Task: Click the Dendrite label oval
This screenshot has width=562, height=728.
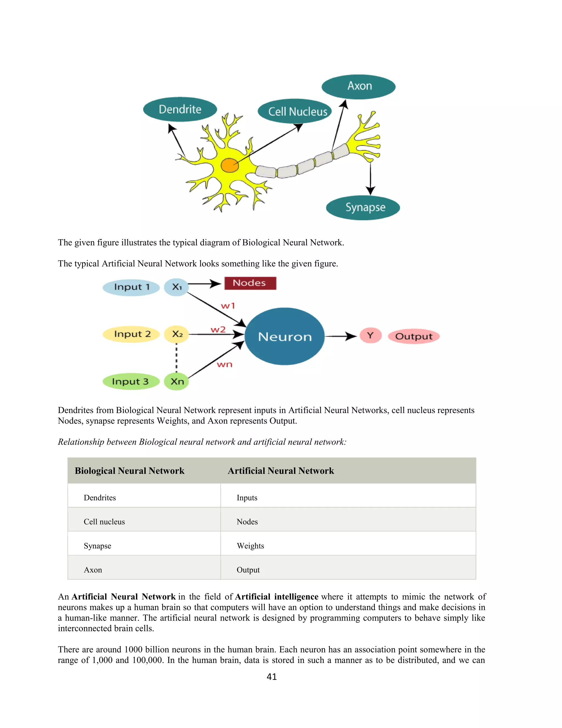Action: pos(180,109)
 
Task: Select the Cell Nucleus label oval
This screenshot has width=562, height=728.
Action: pos(295,111)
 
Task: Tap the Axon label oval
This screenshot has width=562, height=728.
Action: pos(359,87)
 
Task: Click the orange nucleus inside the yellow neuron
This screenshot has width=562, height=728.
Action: pos(230,165)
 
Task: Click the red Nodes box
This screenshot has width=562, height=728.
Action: pos(250,283)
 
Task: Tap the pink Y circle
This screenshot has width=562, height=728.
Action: pos(370,335)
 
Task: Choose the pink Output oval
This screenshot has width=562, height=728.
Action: pos(414,336)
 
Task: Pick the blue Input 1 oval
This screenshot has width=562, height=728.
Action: pos(131,287)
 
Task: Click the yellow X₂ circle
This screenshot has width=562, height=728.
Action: pos(176,334)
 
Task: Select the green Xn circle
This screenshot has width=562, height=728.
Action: pos(176,382)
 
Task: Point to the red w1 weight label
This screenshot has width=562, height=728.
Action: pos(228,306)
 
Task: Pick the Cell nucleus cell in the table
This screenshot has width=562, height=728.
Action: pos(104,522)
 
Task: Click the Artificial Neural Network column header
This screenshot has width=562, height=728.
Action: pos(281,471)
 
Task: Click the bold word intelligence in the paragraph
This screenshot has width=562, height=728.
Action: pos(296,597)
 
